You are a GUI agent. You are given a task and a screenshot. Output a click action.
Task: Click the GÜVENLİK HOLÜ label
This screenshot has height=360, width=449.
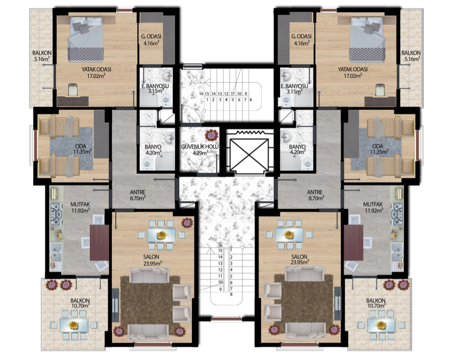point(200,146)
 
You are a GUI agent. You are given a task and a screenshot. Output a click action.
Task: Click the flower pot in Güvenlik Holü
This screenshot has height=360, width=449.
point(211,135)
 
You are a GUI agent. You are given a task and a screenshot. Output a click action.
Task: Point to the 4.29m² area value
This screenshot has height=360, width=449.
point(200,153)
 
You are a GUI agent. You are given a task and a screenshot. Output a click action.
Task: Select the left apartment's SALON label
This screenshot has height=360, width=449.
point(151,256)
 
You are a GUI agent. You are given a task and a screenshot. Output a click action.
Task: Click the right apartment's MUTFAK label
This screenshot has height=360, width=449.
point(373,204)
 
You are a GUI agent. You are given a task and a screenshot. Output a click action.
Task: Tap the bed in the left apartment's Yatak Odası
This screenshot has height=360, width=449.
point(86,39)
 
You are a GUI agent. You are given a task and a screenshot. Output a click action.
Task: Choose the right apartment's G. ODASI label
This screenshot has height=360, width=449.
point(301,36)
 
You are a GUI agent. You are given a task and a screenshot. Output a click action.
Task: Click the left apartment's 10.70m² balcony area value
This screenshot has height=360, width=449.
point(80,306)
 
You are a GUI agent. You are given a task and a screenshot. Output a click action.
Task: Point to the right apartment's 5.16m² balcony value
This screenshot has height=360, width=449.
point(411,59)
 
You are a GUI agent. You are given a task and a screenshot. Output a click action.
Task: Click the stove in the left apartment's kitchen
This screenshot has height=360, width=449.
point(57,214)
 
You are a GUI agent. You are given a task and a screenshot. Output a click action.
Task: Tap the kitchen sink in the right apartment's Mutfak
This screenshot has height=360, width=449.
point(397,252)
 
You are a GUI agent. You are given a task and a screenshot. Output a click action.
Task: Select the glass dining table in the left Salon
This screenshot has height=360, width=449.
point(162,235)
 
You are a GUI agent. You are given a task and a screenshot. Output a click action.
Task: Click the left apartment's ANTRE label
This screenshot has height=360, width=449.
point(137,192)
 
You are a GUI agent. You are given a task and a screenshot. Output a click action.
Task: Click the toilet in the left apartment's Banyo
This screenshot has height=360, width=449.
point(147,164)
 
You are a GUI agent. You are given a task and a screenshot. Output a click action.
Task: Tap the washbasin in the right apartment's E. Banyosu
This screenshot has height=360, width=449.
point(286,76)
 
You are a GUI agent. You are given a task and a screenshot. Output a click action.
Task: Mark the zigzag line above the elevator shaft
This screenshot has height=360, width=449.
point(250,132)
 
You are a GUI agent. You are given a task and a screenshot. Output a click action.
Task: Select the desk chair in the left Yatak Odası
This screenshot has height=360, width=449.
point(73,89)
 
